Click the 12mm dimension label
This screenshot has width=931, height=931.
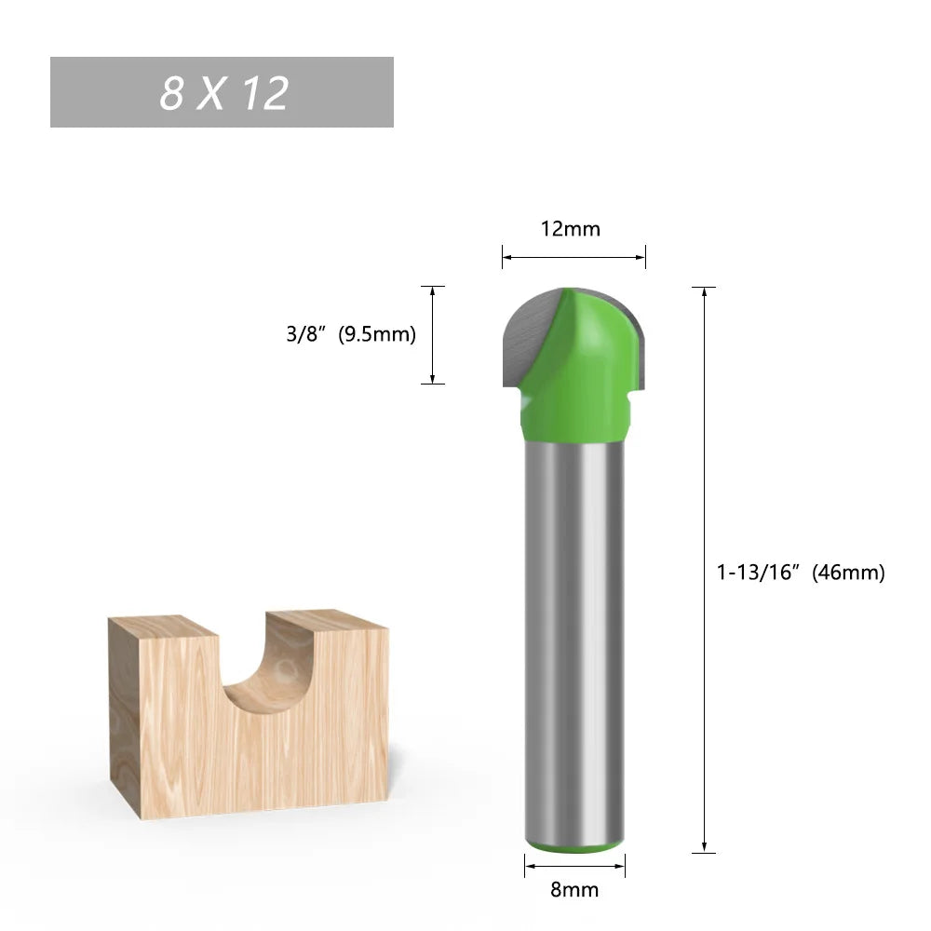point(572,228)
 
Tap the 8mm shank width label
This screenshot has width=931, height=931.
point(573,889)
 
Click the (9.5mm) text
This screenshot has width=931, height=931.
point(376,334)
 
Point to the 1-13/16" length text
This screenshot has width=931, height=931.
point(758,573)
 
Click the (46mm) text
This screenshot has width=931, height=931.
point(847,573)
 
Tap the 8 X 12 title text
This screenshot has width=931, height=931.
point(223,92)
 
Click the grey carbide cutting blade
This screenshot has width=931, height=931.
point(526,335)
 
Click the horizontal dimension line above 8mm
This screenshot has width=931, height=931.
point(573,867)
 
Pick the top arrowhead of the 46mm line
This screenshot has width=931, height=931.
point(705,292)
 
